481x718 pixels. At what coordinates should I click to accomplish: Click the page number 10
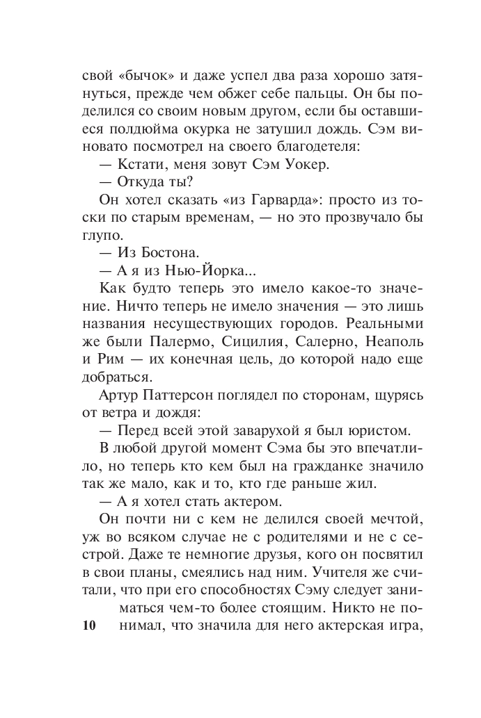pyautogui.click(x=88, y=624)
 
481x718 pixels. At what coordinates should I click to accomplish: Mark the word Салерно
pyautogui.click(x=324, y=344)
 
